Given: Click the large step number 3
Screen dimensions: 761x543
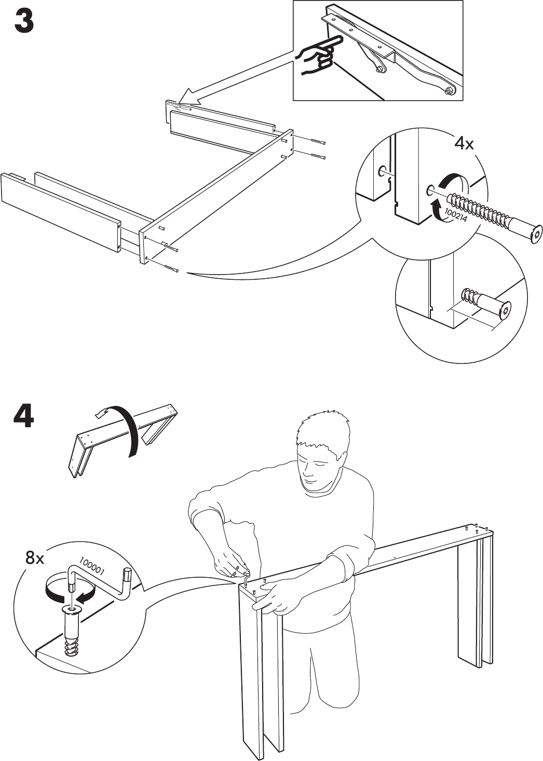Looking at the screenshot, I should (x=24, y=21).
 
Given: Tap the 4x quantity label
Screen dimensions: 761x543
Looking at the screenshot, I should (x=464, y=144).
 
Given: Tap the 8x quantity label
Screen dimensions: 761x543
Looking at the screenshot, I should (x=35, y=558).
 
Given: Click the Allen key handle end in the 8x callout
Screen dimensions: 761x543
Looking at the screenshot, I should (x=126, y=577).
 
